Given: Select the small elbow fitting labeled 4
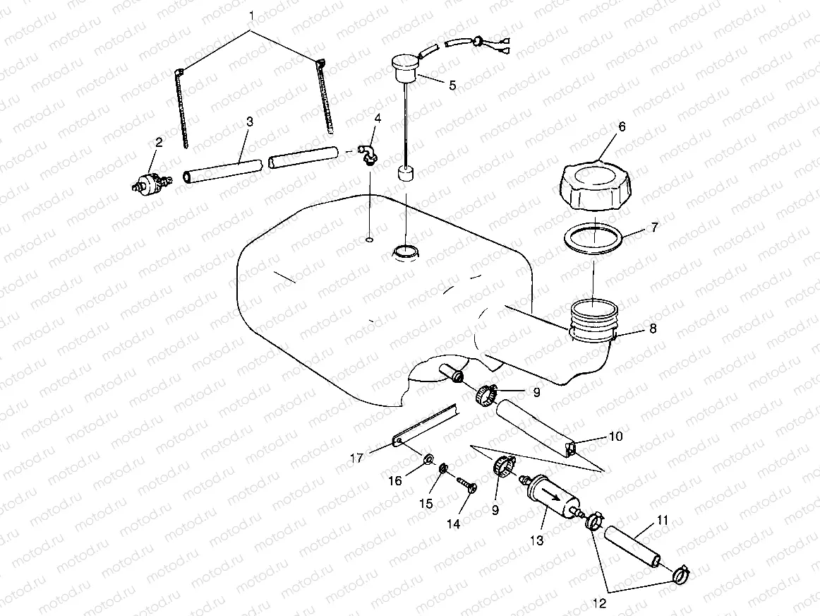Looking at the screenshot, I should tap(366, 153).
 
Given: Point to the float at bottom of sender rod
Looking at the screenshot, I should tap(406, 174).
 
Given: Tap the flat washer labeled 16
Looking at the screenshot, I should tap(428, 461).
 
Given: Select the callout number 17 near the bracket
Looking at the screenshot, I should tap(357, 458).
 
